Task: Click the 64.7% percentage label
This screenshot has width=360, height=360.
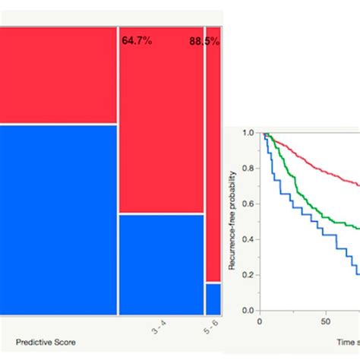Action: click(x=137, y=39)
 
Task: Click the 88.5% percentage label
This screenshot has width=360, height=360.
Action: click(x=204, y=42)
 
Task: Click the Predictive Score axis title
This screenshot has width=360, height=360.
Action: click(x=45, y=343)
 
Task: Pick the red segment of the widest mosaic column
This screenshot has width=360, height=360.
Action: click(x=58, y=74)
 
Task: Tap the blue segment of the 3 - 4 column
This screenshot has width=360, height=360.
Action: click(x=161, y=264)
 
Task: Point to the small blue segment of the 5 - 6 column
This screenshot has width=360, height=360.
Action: click(x=213, y=298)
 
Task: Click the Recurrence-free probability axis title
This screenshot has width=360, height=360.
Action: click(x=233, y=220)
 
